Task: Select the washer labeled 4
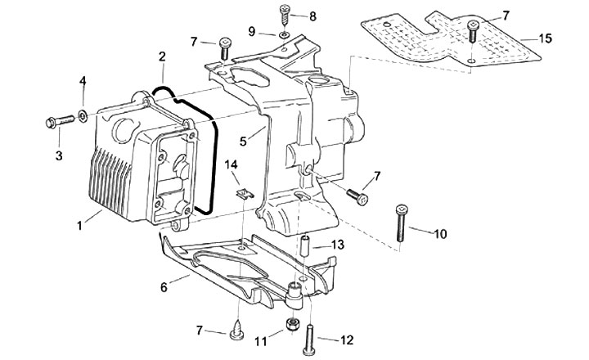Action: click(84, 112)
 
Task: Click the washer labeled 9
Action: click(282, 35)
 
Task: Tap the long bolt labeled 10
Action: click(402, 221)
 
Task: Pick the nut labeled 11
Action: click(292, 325)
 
